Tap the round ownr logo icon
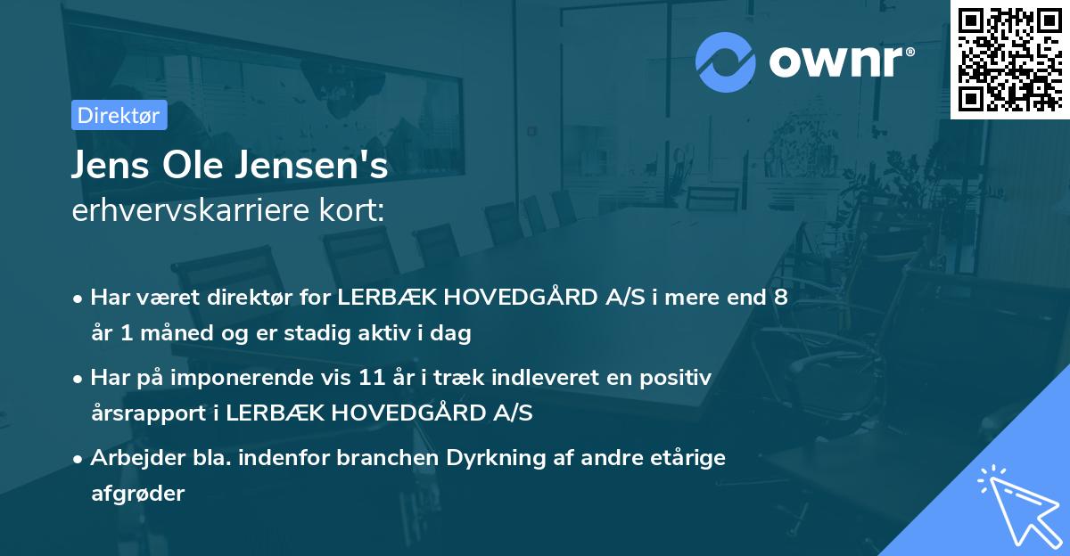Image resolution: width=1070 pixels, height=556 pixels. [725, 61]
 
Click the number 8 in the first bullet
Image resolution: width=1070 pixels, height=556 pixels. [780, 298]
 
